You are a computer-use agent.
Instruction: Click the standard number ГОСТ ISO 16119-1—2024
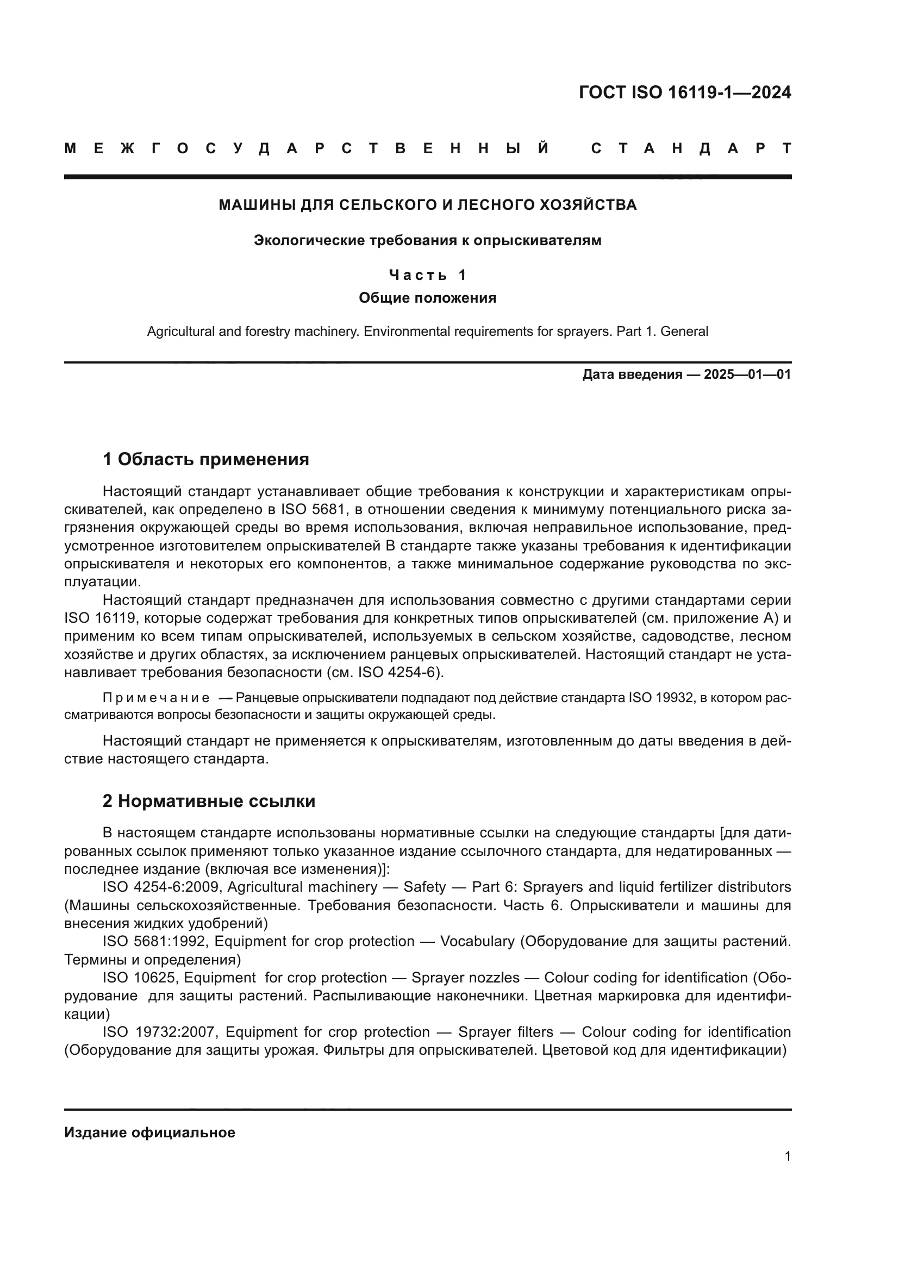click(x=685, y=92)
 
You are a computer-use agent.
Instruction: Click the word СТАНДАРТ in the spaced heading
click(x=691, y=148)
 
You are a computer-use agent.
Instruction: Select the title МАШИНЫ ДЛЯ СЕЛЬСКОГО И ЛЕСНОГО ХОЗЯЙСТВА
click(x=427, y=205)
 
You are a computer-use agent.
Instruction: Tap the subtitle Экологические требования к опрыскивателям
click(x=427, y=240)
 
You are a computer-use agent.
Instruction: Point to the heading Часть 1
click(x=427, y=274)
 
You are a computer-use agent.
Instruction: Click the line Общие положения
click(x=427, y=298)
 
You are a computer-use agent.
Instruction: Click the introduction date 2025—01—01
click(x=747, y=375)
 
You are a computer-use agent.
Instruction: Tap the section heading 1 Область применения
click(x=205, y=459)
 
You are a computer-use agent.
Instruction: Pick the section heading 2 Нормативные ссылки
click(x=209, y=801)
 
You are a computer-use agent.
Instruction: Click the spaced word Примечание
click(x=156, y=698)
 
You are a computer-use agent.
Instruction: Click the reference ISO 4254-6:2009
click(x=162, y=887)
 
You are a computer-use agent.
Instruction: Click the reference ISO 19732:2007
click(x=162, y=1032)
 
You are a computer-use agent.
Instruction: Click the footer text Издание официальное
click(x=149, y=1132)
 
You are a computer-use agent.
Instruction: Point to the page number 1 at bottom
click(x=788, y=1156)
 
